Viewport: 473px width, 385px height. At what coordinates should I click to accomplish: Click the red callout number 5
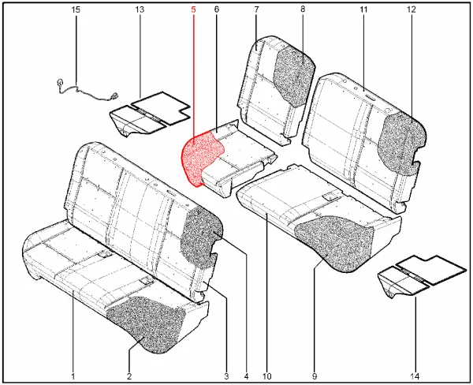tap(193, 9)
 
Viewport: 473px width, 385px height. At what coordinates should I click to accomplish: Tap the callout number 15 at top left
tap(76, 9)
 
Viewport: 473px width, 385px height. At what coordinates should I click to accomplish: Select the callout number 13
tap(140, 9)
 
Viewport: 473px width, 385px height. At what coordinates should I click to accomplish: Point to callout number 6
tap(217, 9)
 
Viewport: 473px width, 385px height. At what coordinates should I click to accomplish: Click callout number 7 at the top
tap(256, 9)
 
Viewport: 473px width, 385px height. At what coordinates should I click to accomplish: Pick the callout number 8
tap(303, 9)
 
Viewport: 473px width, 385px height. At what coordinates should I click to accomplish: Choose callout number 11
tap(363, 9)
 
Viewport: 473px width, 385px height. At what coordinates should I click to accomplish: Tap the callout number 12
tap(412, 9)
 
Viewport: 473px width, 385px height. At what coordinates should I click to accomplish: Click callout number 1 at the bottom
tap(73, 376)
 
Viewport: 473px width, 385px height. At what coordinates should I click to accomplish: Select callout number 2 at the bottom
tap(129, 376)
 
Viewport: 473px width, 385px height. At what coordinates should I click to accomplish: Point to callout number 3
tap(226, 376)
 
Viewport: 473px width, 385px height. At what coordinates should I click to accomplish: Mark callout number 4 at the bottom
tap(246, 376)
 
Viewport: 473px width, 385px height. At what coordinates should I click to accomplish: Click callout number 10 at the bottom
tap(267, 376)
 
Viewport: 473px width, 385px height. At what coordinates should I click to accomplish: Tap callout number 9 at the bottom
tap(315, 376)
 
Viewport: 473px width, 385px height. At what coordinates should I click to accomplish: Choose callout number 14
tap(415, 376)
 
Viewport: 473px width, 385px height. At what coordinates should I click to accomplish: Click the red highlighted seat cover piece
tap(200, 157)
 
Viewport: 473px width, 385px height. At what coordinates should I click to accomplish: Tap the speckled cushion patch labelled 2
tap(147, 323)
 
